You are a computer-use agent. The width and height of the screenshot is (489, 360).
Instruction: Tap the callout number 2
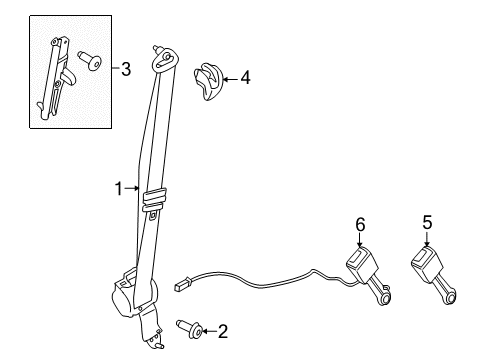coord(222,330)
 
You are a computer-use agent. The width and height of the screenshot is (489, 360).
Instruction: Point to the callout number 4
coord(245,76)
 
